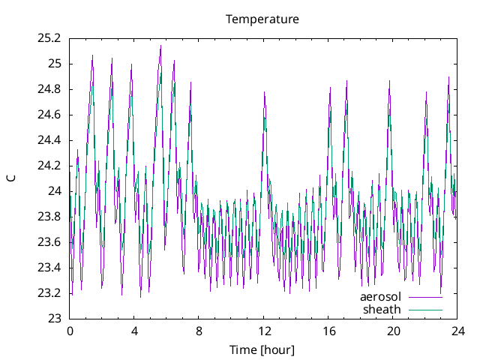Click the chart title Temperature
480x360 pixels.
(262, 19)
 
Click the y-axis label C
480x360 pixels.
(11, 178)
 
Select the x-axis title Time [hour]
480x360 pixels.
(262, 349)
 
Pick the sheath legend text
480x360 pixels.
(382, 309)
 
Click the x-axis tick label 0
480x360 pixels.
(70, 331)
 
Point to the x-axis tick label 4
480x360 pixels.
(134, 331)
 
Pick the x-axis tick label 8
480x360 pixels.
(199, 331)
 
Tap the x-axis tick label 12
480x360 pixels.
(263, 331)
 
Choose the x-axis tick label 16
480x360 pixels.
(328, 331)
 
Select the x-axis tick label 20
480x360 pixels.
(392, 331)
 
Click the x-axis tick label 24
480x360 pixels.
(457, 331)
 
